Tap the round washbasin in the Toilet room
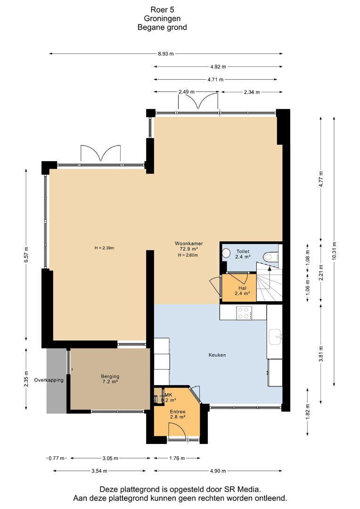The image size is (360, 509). click(x=226, y=253)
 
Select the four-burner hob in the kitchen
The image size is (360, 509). click(x=243, y=312)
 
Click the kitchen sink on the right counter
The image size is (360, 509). click(x=275, y=337)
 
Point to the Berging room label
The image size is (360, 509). click(x=110, y=379)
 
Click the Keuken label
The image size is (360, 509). click(x=217, y=355)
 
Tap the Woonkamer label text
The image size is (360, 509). click(x=188, y=243)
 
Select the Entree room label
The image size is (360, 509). click(x=178, y=414)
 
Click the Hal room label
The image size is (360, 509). click(x=242, y=290)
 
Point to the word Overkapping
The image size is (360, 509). click(x=49, y=380)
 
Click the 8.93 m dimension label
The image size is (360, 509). click(x=165, y=54)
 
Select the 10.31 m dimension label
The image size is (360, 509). click(x=335, y=251)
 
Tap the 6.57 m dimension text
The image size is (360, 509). click(x=26, y=255)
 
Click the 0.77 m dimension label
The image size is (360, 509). click(x=57, y=458)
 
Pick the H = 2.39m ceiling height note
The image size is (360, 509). click(x=104, y=248)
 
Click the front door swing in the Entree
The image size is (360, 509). click(x=177, y=431)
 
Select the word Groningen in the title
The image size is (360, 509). click(x=162, y=18)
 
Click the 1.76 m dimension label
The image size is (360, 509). click(x=177, y=458)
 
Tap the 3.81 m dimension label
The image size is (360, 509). click(x=321, y=354)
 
